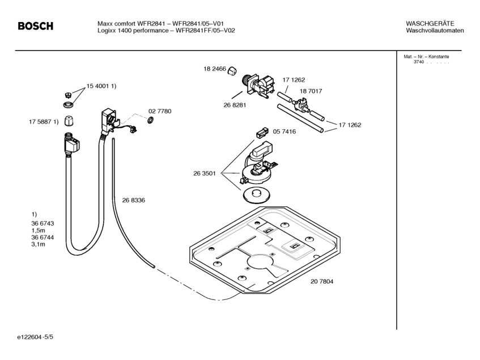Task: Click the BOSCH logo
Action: pos(35,27)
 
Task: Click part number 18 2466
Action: pos(214,69)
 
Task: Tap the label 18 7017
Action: pos(311,91)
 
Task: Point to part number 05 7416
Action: pos(284,132)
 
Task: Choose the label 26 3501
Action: pos(205,174)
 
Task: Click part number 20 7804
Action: pos(321,281)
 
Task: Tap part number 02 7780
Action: pos(160,111)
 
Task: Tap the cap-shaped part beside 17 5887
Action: pos(68,121)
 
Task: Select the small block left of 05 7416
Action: pos(261,134)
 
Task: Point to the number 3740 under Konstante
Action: pos(418,62)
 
